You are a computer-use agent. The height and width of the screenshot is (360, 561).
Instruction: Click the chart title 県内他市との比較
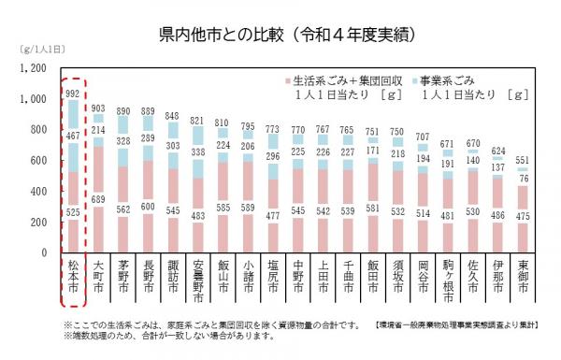click(280, 35)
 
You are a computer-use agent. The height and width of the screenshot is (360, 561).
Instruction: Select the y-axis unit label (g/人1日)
click(35, 48)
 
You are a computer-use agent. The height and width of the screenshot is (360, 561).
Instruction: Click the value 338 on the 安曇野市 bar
click(197, 151)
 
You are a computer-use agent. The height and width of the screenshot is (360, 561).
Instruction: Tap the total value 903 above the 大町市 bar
click(98, 108)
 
